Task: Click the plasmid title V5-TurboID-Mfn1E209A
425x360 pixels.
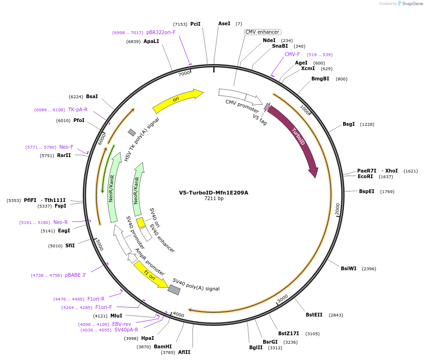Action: (214, 193)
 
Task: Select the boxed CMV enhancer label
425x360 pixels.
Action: (262, 32)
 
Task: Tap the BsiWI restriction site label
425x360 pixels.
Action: (348, 268)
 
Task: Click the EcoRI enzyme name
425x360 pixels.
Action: (365, 176)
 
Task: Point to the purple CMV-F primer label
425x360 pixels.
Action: (292, 54)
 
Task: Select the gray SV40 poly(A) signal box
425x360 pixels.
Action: (174, 290)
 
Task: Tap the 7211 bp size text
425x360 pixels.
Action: (214, 199)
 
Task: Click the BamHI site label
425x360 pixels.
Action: (163, 346)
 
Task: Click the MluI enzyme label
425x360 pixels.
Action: (116, 316)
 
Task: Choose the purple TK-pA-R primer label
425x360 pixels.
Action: (78, 110)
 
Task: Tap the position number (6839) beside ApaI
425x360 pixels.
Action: (133, 42)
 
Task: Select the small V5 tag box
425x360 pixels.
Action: (267, 107)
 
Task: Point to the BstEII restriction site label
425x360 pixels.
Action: (314, 315)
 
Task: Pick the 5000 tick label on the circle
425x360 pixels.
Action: (99, 244)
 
